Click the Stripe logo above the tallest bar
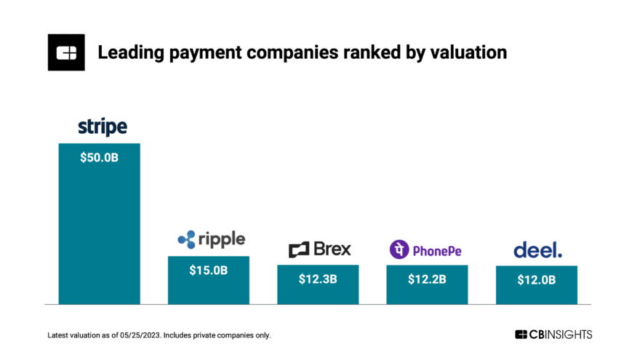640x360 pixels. [103, 128]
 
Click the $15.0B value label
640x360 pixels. [208, 270]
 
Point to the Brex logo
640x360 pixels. [319, 249]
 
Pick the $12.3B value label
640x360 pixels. [318, 279]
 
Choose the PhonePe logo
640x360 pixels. [425, 250]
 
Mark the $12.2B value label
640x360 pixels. [427, 279]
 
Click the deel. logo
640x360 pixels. [537, 250]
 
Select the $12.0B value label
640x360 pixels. [537, 279]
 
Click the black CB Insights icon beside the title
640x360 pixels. [66, 52]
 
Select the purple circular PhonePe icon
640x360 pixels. [399, 249]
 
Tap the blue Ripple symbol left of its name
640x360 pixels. [186, 239]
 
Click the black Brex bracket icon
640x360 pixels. [299, 250]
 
